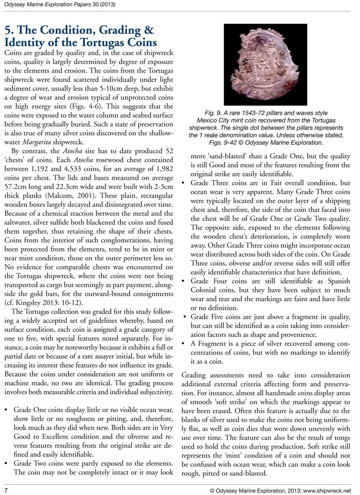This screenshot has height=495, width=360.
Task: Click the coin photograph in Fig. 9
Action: pyautogui.click(x=265, y=64)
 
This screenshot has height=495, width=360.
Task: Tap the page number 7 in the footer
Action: pyautogui.click(x=6, y=491)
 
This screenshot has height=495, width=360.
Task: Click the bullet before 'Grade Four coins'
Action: pyautogui.click(x=183, y=281)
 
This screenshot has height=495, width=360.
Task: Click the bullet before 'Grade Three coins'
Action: pyautogui.click(x=183, y=183)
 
